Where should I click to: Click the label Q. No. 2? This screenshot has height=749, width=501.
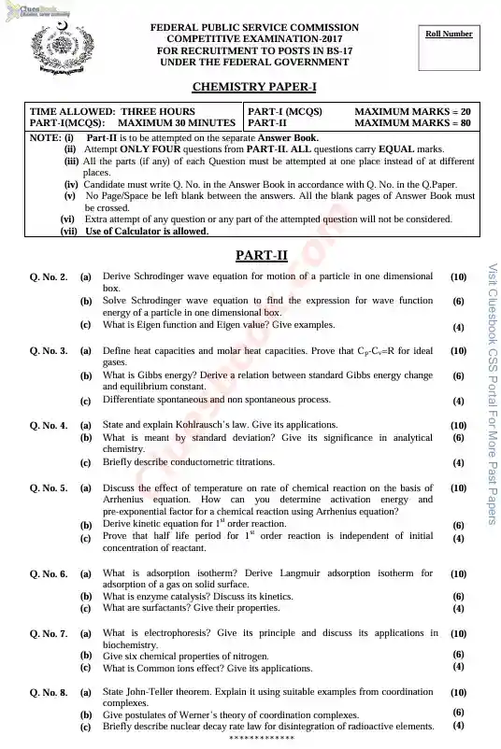(x=49, y=277)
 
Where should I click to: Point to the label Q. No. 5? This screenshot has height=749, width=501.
(x=49, y=488)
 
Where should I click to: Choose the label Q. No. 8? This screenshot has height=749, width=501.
(x=49, y=693)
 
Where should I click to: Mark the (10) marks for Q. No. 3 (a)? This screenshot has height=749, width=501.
(x=458, y=351)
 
